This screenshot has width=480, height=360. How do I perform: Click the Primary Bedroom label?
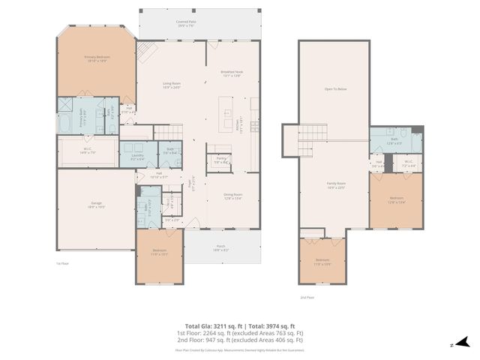(x=97, y=59)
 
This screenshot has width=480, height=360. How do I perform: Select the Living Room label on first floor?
(x=173, y=85)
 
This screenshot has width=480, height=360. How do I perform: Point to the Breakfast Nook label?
(x=231, y=73)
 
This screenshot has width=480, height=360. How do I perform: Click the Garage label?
(x=96, y=205)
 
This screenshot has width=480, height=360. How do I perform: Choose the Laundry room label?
(x=137, y=157)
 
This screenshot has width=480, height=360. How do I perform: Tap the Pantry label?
(x=221, y=160)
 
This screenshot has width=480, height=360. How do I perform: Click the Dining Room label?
(x=232, y=197)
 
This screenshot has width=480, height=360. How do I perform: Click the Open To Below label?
(x=334, y=89)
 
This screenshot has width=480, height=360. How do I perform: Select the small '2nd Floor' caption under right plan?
(x=306, y=298)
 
